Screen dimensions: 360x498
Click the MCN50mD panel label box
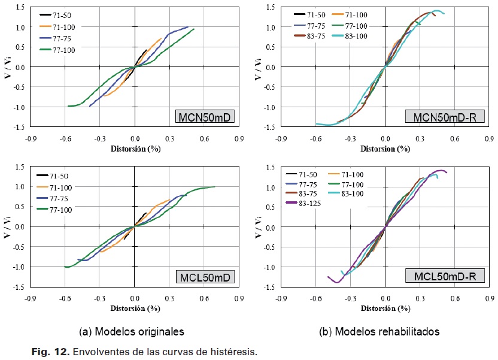pyautogui.click(x=205, y=117)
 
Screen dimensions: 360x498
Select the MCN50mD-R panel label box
pyautogui.click(x=440, y=117)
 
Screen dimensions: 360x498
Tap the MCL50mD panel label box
pyautogui.click(x=205, y=277)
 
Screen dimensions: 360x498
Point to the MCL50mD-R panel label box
pyautogui.click(x=440, y=277)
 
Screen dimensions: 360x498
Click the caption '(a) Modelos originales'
pyautogui.click(x=131, y=331)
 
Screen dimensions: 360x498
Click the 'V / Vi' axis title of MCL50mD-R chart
pyautogui.click(x=257, y=226)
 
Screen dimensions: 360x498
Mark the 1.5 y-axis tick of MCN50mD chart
pyautogui.click(x=20, y=7)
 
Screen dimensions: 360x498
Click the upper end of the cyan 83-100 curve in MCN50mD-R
pyautogui.click(x=442, y=13)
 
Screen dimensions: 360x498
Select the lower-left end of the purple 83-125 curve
pyautogui.click(x=328, y=277)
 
